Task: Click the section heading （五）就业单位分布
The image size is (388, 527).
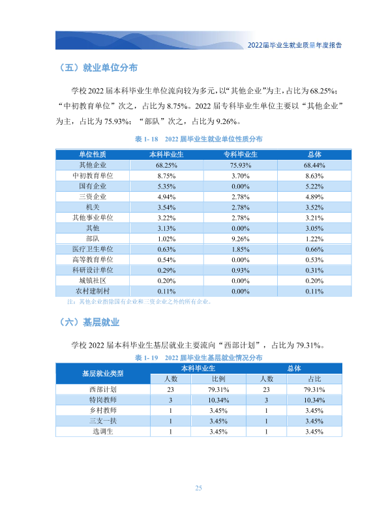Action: point(98,68)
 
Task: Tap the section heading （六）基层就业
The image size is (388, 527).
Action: point(89,322)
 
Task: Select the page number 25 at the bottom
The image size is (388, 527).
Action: point(198,488)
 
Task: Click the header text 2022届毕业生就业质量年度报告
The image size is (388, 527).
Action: point(295,45)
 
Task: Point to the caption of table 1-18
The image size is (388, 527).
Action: point(198,139)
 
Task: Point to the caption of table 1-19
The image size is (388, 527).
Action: point(198,357)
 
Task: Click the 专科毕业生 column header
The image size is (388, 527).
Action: point(241,155)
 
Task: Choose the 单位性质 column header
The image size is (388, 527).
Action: point(93,155)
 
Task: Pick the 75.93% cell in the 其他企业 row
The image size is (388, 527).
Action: point(241,165)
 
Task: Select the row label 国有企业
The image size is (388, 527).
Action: point(93,186)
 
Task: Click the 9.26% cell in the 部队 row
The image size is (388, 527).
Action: point(241,239)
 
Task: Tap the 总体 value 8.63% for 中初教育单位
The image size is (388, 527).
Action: point(314,176)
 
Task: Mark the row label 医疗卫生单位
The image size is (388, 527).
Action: point(93,249)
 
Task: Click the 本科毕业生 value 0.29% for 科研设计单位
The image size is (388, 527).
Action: point(167,270)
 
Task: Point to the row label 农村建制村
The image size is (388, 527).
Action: point(93,291)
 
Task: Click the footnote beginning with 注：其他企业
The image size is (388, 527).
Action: point(139,301)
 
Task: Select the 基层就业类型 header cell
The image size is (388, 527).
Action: point(103,374)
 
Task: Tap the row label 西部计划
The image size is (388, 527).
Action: point(103,389)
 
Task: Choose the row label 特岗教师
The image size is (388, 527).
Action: point(103,400)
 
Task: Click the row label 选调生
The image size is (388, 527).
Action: point(103,431)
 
